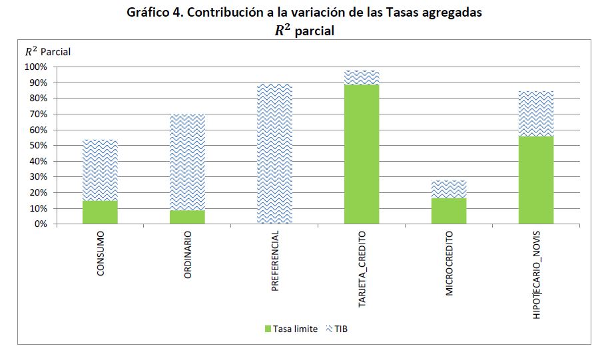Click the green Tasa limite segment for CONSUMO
click(101, 212)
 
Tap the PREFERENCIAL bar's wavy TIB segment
click(274, 154)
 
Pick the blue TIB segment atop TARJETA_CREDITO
click(362, 77)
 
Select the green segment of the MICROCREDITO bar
click(449, 211)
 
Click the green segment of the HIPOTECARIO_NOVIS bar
click(536, 180)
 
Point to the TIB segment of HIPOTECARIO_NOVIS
click(536, 114)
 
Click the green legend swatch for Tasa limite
click(268, 329)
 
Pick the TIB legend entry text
click(341, 329)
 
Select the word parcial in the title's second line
click(314, 31)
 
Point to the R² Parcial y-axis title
click(47, 51)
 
